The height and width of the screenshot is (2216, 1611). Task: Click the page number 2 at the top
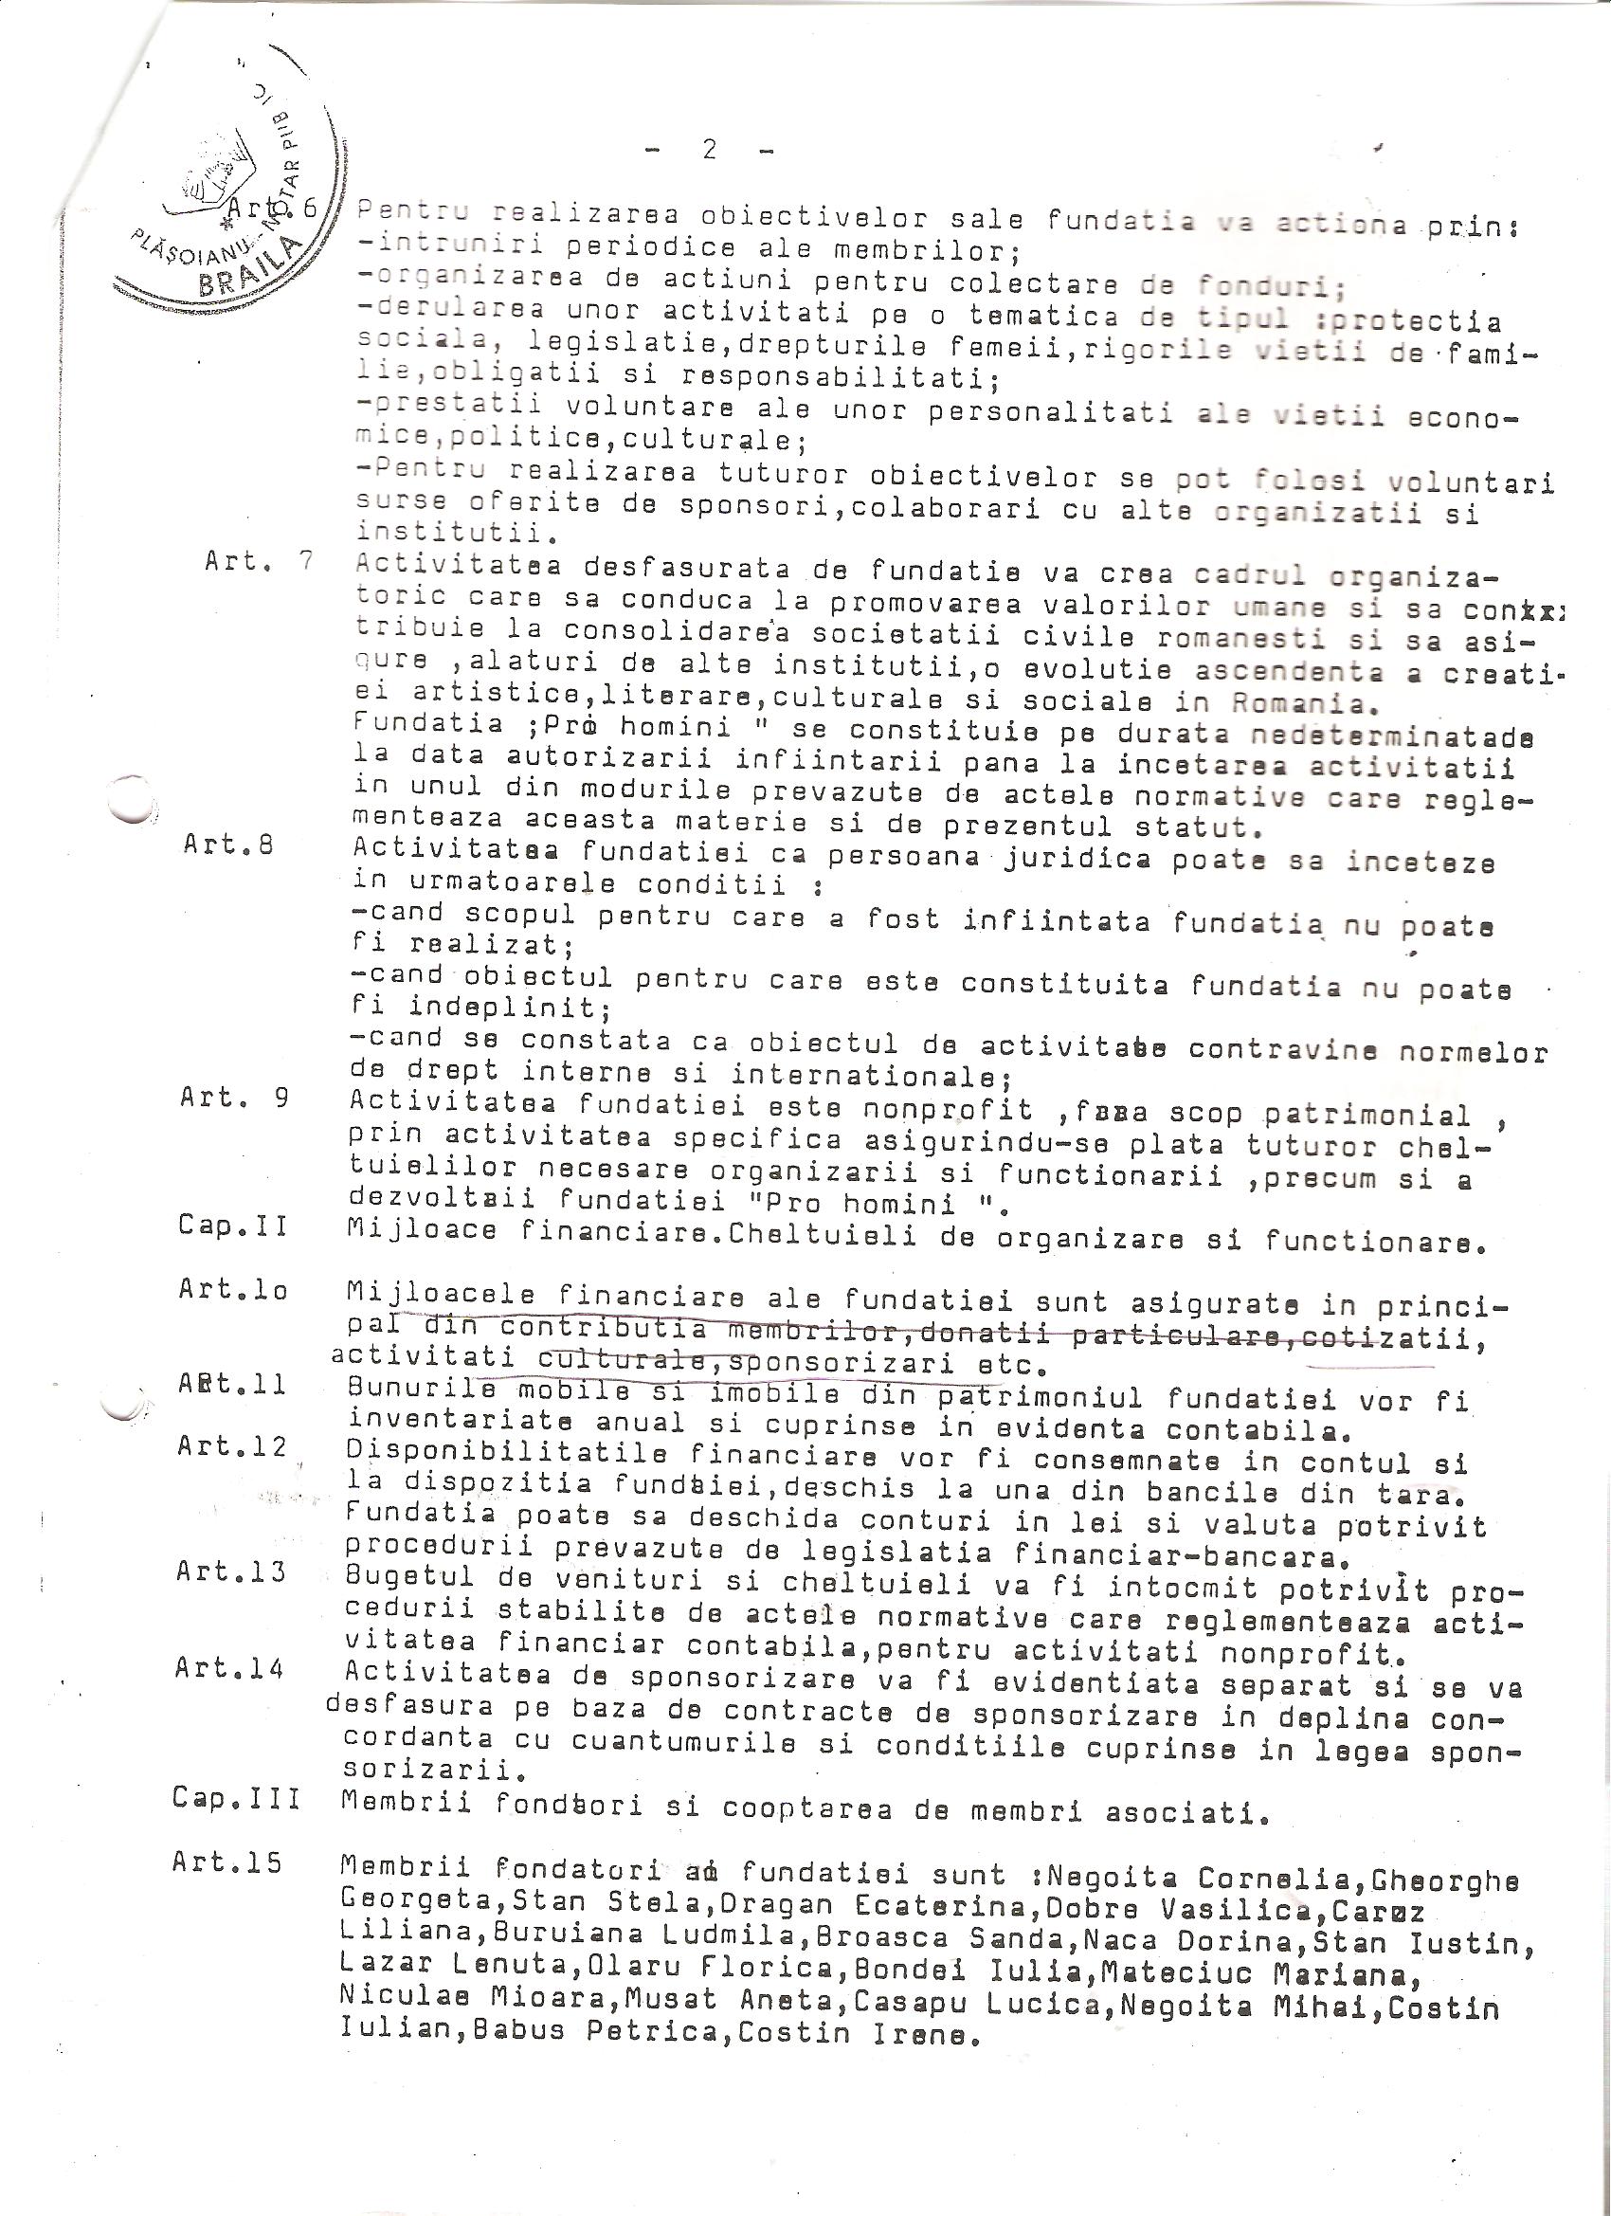click(709, 149)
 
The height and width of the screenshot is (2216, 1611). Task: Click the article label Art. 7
click(258, 563)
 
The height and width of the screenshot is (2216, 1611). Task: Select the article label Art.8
click(226, 845)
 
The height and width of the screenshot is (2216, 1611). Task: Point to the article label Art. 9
click(233, 1098)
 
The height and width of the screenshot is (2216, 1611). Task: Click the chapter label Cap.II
click(232, 1225)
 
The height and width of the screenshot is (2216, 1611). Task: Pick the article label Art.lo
click(232, 1290)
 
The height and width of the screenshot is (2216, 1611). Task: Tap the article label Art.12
click(231, 1446)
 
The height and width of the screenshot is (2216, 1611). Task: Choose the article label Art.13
click(230, 1571)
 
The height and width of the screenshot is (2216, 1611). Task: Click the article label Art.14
click(229, 1668)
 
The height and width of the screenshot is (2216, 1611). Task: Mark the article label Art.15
click(226, 1862)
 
